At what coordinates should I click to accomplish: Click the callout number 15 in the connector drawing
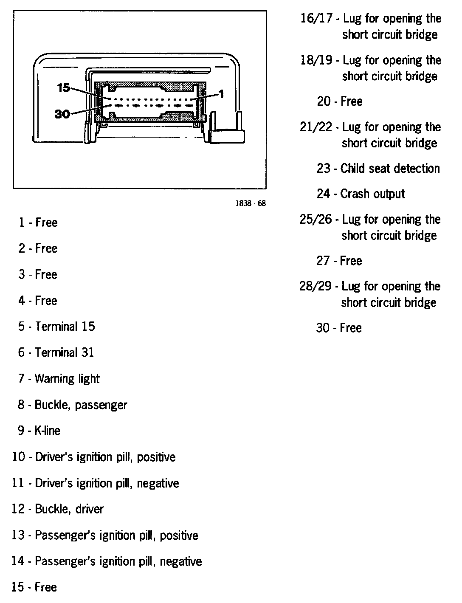tap(63, 87)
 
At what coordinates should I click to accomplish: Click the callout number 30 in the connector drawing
tap(62, 114)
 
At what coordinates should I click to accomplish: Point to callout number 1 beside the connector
tap(221, 93)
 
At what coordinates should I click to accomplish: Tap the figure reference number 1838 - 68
tap(251, 203)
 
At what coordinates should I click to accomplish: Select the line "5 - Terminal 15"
tap(56, 327)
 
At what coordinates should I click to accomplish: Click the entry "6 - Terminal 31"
tap(56, 352)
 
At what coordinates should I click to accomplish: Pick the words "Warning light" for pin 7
tap(67, 379)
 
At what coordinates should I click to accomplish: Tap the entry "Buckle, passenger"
tap(81, 405)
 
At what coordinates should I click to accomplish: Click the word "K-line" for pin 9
tap(47, 431)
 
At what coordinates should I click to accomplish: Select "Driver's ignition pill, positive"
tap(105, 457)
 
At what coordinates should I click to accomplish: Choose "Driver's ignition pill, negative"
tap(107, 483)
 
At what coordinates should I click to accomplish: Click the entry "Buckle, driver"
tap(69, 509)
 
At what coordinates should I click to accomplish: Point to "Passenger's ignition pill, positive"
tap(116, 535)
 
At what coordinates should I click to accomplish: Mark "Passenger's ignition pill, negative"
tap(118, 561)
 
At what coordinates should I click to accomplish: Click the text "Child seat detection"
tap(390, 169)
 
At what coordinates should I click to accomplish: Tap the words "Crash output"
tap(372, 194)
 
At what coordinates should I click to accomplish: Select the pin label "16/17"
tap(316, 19)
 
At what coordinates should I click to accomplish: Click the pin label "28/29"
tap(315, 286)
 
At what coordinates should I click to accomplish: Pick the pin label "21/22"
tap(316, 127)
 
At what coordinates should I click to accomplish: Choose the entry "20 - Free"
tap(339, 101)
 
